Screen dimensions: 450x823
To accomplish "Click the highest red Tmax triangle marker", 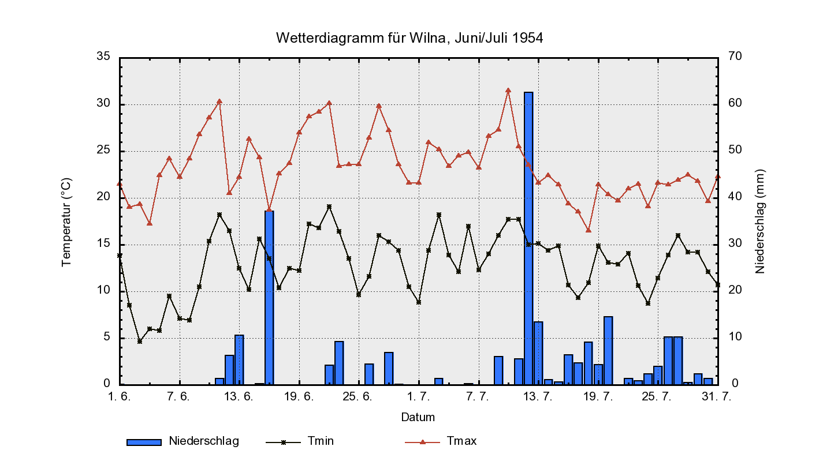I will pos(508,90).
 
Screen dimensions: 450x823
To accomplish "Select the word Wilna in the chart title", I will pos(427,38).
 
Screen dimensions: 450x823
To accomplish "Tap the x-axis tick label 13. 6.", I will pos(239,396).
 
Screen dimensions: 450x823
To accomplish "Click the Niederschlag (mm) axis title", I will pos(759,222).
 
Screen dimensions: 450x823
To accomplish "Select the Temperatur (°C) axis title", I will pos(66,222).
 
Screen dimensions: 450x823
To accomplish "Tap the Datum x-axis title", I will pos(418,417).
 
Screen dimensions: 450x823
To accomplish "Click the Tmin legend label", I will pos(321,441).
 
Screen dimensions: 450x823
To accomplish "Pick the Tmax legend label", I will pos(461,441).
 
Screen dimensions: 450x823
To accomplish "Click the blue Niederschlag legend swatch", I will pos(144,442).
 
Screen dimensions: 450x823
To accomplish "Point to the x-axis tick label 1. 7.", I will pos(418,396).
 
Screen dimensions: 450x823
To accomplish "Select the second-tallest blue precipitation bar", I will pos(269,297).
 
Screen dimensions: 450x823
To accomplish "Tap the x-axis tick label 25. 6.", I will pos(359,396).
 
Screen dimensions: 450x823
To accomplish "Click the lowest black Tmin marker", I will pos(140,342).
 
